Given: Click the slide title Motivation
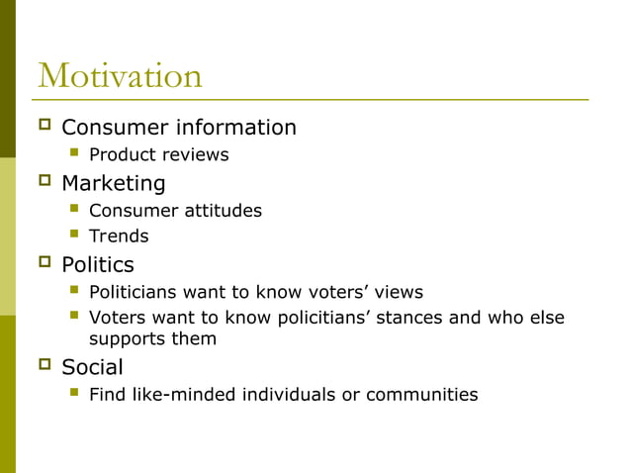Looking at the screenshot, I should click(x=120, y=76).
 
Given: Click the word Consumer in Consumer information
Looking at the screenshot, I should click(x=115, y=128).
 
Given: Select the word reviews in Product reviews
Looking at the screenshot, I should click(x=196, y=155).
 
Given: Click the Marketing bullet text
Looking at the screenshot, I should click(x=113, y=184).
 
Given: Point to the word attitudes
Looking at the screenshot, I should click(x=223, y=211).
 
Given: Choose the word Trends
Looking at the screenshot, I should click(x=119, y=236).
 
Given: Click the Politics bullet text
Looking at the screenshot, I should click(x=97, y=265).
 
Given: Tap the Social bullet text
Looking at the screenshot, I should click(x=92, y=368).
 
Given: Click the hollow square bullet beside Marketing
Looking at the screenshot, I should click(x=44, y=182).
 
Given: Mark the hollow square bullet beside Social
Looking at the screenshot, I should click(x=44, y=366).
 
